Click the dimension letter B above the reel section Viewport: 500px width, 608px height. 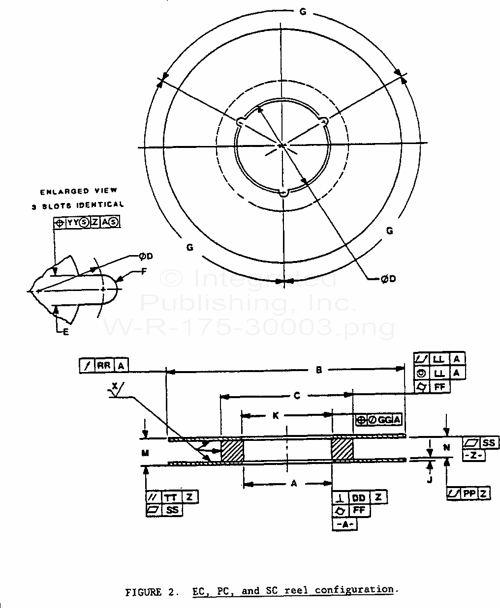[319, 370]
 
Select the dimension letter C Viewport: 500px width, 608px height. [296, 395]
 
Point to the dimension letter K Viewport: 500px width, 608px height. [276, 416]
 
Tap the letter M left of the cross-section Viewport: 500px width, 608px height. [145, 453]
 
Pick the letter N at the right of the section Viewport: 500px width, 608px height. [446, 448]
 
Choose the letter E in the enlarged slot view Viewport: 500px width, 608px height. [66, 332]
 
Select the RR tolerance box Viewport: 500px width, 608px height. [103, 365]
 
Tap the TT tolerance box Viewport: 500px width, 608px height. [170, 497]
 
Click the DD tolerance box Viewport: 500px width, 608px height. [358, 497]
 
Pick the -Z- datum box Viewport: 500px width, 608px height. [474, 456]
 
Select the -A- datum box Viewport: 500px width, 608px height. [345, 524]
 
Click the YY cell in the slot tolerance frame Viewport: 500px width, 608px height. [73, 223]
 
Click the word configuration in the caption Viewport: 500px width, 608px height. [354, 590]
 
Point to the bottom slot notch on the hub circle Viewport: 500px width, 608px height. [283, 193]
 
